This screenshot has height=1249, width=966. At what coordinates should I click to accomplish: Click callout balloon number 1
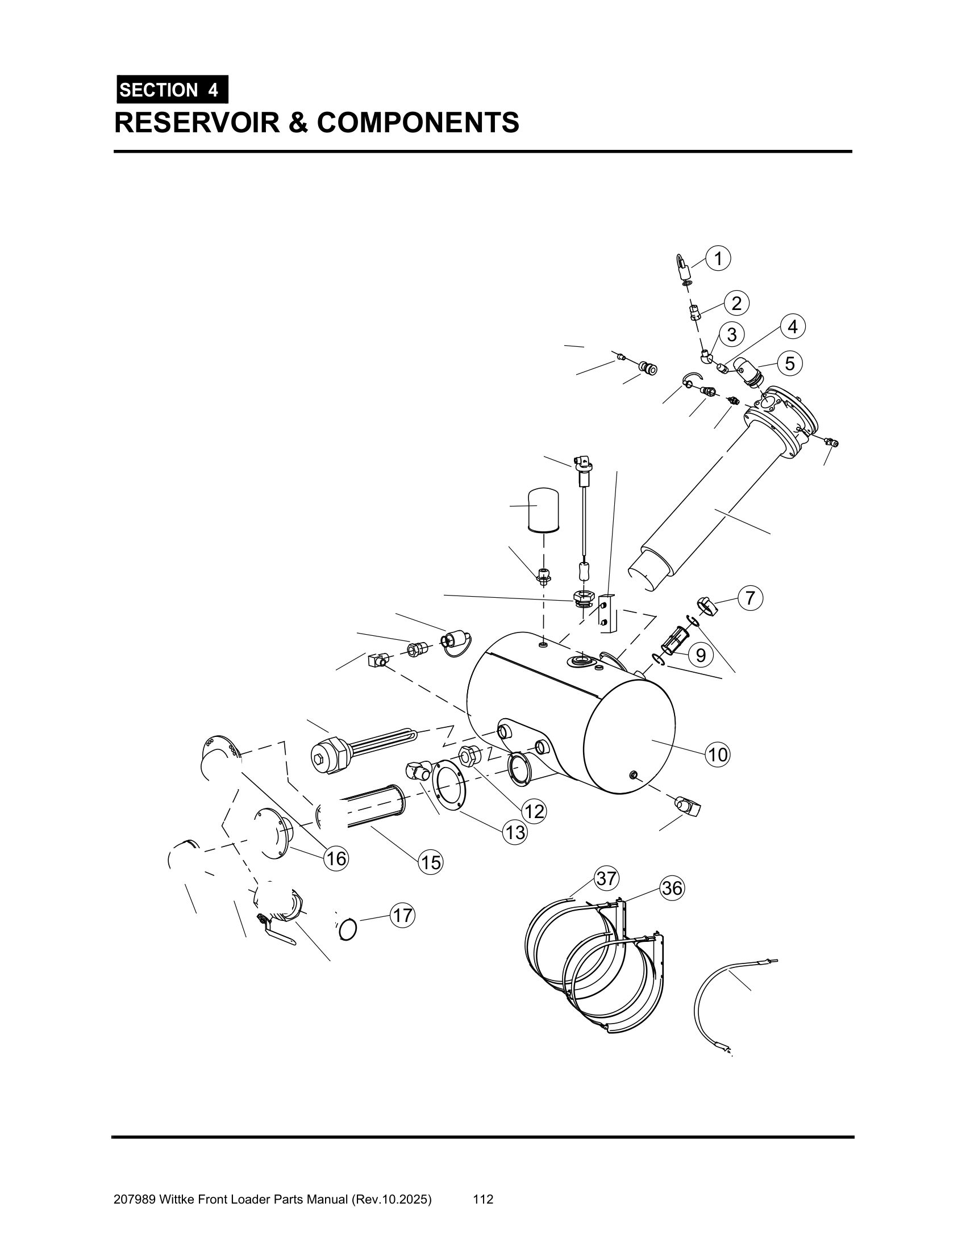718,258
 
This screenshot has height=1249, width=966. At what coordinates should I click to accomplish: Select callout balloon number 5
790,363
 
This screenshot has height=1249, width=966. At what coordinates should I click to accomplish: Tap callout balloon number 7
750,598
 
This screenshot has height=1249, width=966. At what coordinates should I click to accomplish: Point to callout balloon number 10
718,755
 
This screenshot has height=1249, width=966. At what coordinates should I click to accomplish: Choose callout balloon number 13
515,832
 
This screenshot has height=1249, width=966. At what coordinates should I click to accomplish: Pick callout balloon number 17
403,916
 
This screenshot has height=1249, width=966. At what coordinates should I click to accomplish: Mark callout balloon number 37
606,878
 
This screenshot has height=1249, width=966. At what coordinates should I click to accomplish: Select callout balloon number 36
672,888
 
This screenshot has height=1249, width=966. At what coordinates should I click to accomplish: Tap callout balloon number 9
701,655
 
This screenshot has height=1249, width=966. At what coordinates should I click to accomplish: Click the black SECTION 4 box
172,90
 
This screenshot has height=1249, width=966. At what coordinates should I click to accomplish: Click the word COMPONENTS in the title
418,123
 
